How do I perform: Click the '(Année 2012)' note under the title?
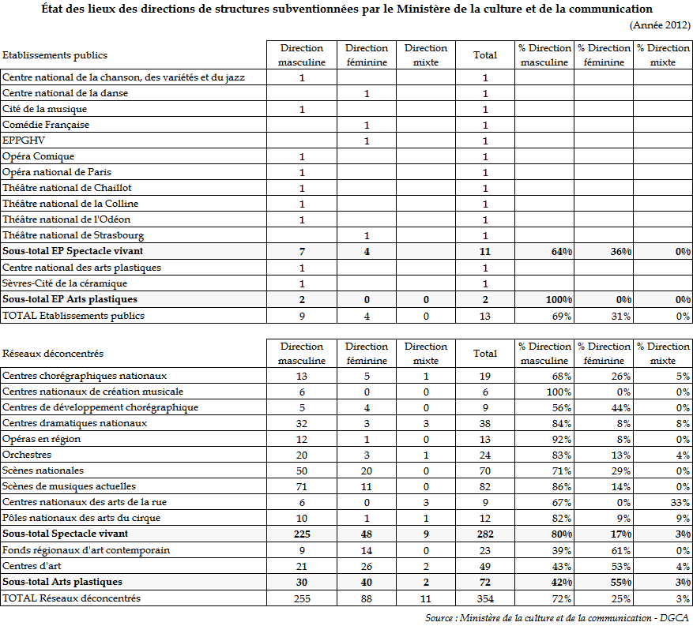[x=661, y=25]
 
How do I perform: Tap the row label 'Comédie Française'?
[x=46, y=125]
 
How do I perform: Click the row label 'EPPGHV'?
[x=24, y=141]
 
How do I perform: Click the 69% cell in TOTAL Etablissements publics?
[x=562, y=316]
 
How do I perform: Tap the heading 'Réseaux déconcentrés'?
[x=53, y=354]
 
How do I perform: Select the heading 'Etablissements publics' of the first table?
[x=55, y=55]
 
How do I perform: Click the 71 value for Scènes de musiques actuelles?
[x=301, y=486]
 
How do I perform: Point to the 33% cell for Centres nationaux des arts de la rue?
[x=679, y=502]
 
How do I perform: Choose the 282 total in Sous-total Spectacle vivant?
[x=484, y=534]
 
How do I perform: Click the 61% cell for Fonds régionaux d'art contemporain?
[x=620, y=550]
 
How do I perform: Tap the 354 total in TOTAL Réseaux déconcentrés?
[x=485, y=598]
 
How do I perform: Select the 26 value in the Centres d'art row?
[x=367, y=566]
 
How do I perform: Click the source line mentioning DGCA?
[x=556, y=617]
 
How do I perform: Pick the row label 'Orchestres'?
[x=27, y=455]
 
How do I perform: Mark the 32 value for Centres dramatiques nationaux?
[x=301, y=423]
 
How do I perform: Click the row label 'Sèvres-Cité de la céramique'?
[x=65, y=283]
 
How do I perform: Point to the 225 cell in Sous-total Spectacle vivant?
[x=301, y=534]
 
